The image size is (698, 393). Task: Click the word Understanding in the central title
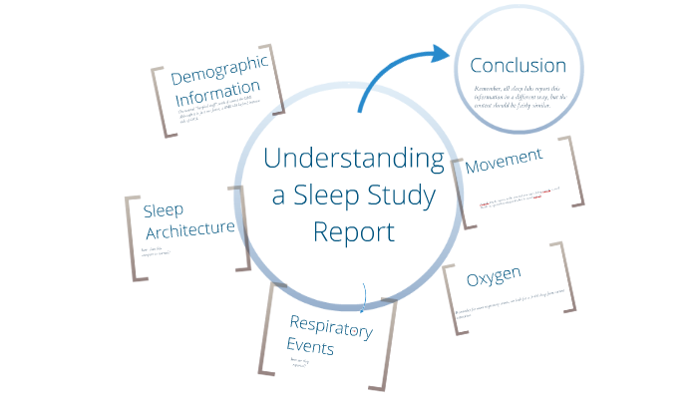(354, 160)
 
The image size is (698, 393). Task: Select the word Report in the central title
(353, 231)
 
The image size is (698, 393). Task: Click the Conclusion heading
(518, 67)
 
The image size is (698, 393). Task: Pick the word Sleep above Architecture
(164, 210)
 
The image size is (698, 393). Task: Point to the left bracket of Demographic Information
(159, 102)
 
